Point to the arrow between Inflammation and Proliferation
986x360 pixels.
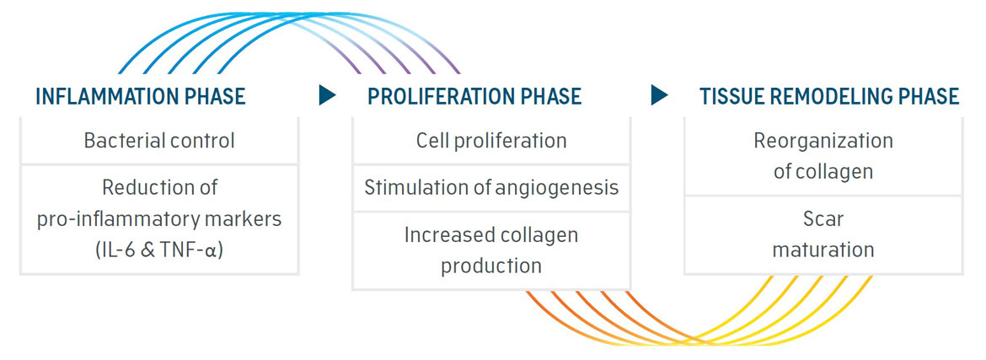(327, 95)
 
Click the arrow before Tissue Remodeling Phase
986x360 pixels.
(659, 95)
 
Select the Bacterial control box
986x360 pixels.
(159, 140)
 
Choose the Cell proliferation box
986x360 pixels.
(491, 140)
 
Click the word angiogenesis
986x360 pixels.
(555, 187)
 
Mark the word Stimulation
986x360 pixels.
(415, 187)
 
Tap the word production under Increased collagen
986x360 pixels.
(491, 266)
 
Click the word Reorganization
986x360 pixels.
(823, 141)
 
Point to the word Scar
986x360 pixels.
(823, 219)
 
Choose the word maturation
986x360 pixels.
(823, 250)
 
